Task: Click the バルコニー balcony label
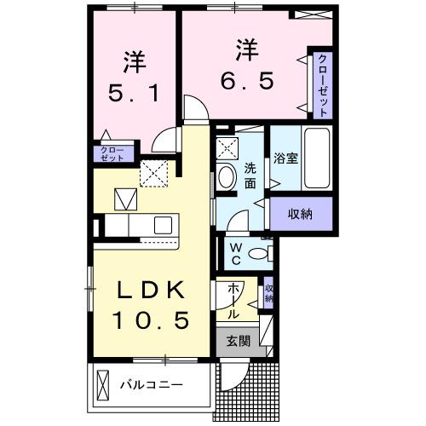(151, 385)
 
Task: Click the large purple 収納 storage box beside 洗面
(298, 214)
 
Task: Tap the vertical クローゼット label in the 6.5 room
(324, 85)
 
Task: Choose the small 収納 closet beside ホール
(268, 294)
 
